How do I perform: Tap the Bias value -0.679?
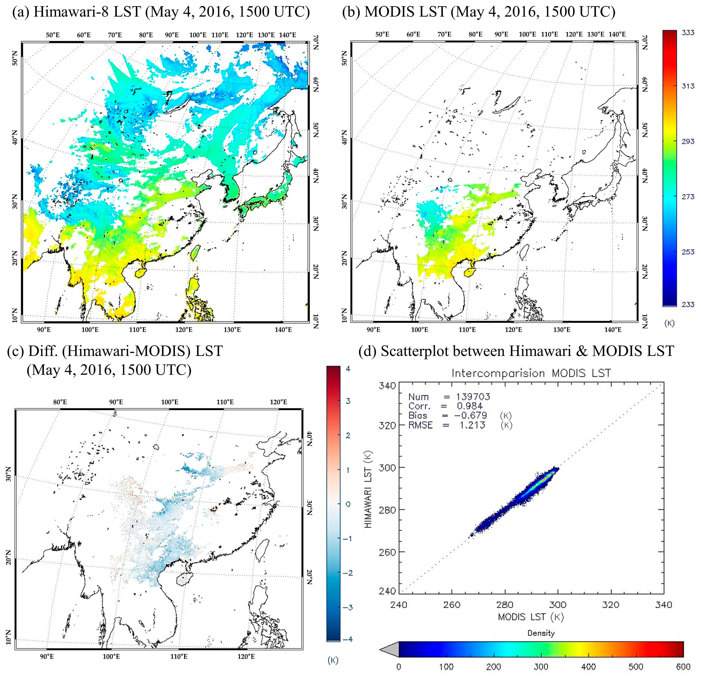pos(471,416)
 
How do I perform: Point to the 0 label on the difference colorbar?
pos(348,504)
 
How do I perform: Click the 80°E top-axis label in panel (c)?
pos(60,402)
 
